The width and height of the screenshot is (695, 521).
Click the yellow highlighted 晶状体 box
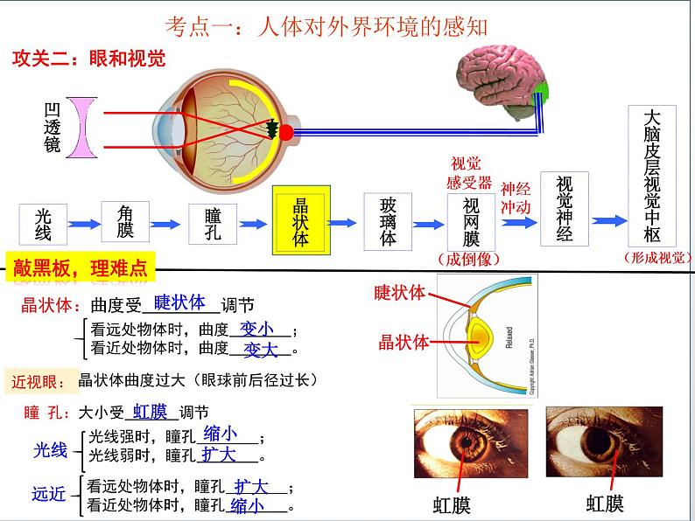pyautogui.click(x=301, y=220)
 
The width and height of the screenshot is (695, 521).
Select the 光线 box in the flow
pyautogui.click(x=44, y=224)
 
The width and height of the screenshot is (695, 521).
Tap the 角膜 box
pyautogui.click(x=125, y=222)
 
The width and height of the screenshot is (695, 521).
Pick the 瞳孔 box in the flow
pyautogui.click(x=212, y=224)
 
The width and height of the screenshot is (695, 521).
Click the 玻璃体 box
pyautogui.click(x=388, y=221)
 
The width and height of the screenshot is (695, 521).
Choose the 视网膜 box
pyautogui.click(x=471, y=223)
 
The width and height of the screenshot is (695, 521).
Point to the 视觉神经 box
pyautogui.click(x=565, y=209)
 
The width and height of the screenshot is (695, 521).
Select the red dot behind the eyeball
pyautogui.click(x=285, y=133)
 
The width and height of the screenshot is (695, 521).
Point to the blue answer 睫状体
pyautogui.click(x=179, y=302)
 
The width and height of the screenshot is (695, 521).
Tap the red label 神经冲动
pyautogui.click(x=516, y=198)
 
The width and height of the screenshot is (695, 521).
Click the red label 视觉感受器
pyautogui.click(x=469, y=173)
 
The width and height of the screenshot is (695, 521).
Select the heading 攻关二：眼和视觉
pyautogui.click(x=88, y=59)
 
